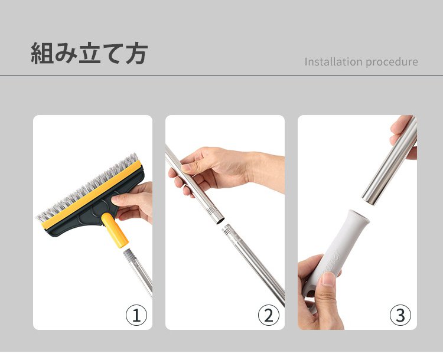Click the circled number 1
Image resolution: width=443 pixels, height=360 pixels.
coord(136,315)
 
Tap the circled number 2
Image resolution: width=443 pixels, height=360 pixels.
coord(269,315)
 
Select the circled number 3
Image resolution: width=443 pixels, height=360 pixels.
coord(400,315)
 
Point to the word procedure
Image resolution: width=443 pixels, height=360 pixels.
coord(392,62)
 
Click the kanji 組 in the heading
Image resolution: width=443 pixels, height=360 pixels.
coord(42,53)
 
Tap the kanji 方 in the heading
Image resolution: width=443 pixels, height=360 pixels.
coord(137,53)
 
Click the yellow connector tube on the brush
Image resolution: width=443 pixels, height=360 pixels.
coord(115,230)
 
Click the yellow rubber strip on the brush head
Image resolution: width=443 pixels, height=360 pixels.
coord(92,195)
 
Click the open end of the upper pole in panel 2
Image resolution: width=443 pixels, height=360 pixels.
coord(220,221)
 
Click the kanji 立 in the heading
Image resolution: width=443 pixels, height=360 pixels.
coord(89,53)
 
